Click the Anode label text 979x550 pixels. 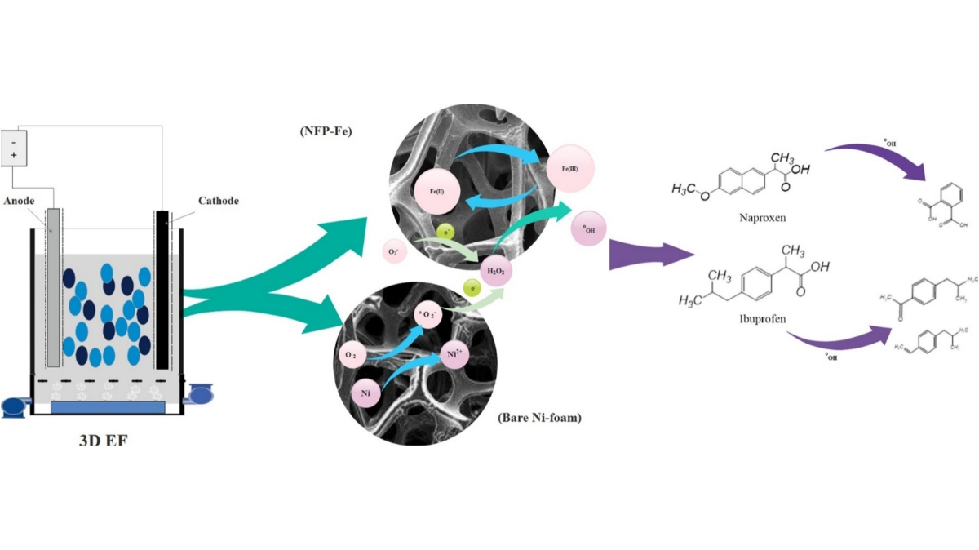(20, 200)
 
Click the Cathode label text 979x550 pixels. (218, 200)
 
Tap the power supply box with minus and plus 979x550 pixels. (13, 148)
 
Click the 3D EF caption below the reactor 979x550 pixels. (104, 441)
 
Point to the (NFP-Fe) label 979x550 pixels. (326, 131)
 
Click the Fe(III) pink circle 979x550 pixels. (570, 167)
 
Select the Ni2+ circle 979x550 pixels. (454, 353)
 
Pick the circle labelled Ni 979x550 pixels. (365, 393)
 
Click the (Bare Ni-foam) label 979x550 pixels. (539, 419)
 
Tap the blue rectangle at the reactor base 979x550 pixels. (108, 406)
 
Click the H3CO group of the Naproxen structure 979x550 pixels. (689, 189)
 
